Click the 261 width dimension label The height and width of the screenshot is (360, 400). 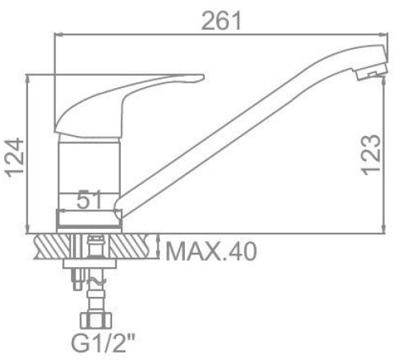222,21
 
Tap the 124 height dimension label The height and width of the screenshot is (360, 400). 14,158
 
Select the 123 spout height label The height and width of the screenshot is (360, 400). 370,155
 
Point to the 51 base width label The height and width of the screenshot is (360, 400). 90,199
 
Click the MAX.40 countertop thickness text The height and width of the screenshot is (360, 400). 211,251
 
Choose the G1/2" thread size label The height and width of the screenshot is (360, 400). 103,344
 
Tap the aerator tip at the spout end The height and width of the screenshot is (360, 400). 372,72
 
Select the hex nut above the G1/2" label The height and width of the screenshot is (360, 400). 96,321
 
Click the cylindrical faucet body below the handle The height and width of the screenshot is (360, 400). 90,166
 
